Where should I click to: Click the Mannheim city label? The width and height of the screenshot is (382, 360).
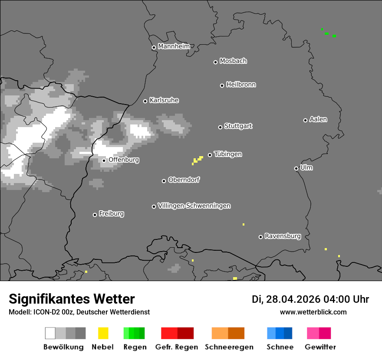tap(174, 46)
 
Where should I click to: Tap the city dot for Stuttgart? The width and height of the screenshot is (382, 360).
tap(220, 127)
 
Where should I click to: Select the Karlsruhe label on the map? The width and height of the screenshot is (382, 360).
tap(164, 100)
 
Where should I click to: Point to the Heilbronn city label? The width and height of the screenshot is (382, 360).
tap(241, 85)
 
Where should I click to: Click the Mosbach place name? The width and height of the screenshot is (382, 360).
tap(233, 61)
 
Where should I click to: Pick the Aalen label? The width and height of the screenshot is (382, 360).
tap(318, 119)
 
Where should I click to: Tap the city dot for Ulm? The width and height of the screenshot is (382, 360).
tap(296, 168)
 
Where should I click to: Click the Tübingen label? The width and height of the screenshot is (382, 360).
tap(228, 154)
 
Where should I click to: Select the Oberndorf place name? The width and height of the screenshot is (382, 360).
tap(184, 180)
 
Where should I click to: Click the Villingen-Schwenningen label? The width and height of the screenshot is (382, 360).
tap(194, 206)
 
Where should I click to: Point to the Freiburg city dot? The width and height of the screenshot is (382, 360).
tap(95, 215)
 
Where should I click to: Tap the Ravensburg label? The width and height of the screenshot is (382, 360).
tap(283, 236)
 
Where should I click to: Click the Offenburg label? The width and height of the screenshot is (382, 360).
tap(124, 160)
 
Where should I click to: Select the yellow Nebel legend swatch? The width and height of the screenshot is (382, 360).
tap(103, 333)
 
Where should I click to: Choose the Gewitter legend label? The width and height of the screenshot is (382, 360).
tap(320, 347)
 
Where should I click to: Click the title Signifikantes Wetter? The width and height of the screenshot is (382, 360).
tap(72, 299)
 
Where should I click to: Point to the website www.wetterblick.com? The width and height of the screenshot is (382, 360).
tap(313, 312)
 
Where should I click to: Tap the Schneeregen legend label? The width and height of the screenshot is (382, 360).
tap(229, 347)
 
